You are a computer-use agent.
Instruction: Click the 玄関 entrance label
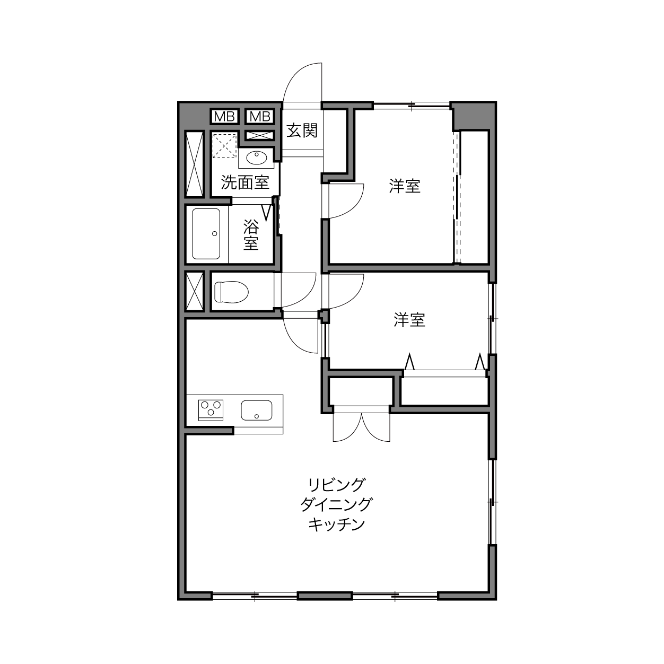coord(302,130)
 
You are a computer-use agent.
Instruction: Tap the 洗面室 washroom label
coord(245,182)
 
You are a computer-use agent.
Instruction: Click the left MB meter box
coord(225,117)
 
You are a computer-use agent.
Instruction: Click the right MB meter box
coord(260,117)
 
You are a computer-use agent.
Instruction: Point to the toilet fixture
coord(231,292)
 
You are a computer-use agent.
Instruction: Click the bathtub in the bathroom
coord(206,234)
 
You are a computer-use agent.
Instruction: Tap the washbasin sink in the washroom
coord(256,159)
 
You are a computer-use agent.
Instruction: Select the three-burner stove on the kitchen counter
coord(211,410)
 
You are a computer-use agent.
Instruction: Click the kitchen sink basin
coord(256,410)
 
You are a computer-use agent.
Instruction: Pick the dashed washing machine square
coord(225,145)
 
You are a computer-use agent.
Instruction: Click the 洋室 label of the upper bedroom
coord(405,186)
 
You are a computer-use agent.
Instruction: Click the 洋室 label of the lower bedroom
coord(409,320)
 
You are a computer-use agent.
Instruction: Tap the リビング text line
coord(336,485)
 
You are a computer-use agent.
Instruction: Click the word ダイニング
coord(336,505)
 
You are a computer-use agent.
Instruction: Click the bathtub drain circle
coord(215,234)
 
